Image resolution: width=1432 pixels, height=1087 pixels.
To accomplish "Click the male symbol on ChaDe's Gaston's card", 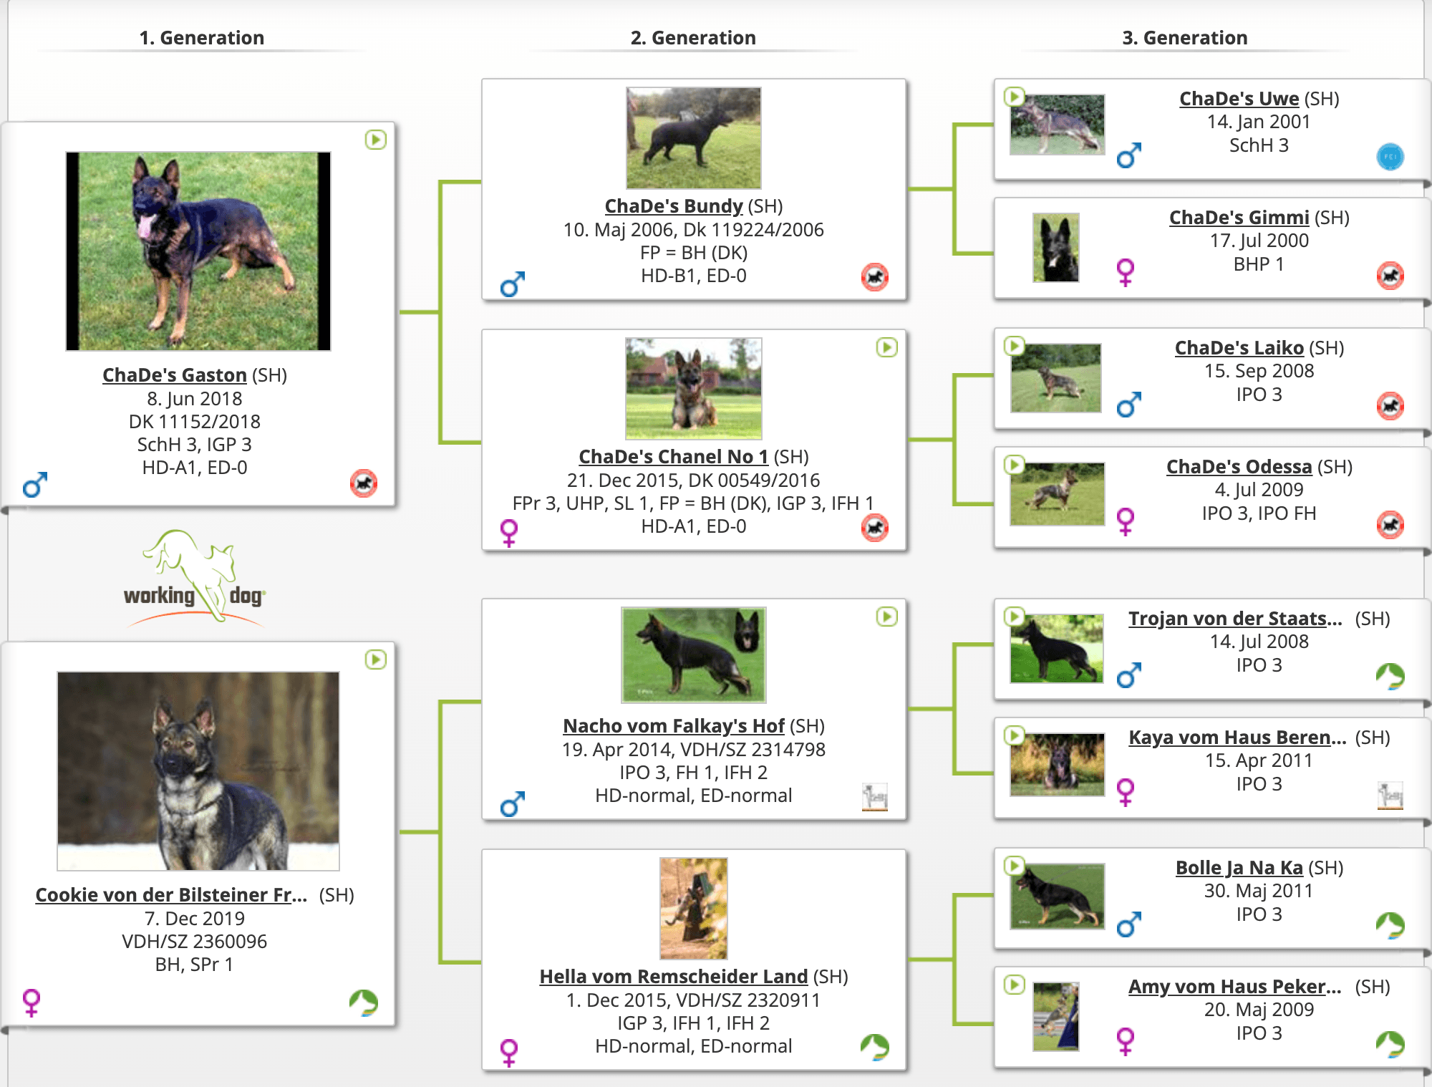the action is coord(34,485).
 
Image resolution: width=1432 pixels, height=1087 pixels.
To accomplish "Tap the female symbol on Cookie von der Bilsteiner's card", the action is coord(32,1003).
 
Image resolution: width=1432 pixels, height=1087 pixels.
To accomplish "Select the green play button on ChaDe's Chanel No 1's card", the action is coord(886,348).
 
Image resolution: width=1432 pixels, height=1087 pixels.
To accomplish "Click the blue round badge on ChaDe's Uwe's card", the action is coord(1390,157).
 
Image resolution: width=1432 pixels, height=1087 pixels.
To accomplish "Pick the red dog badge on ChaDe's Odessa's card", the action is coord(1390,525).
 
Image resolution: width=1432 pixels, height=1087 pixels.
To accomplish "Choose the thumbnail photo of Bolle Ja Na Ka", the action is coord(1057,896).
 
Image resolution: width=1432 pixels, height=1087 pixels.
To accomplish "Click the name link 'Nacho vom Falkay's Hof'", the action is coord(674,726).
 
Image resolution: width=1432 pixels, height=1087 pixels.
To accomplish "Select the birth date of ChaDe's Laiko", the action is coord(1259,371).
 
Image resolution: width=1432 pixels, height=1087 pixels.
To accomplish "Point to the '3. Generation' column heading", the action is coord(1184,37).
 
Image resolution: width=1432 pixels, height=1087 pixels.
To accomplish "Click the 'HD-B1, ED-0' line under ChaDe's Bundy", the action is coord(693,276).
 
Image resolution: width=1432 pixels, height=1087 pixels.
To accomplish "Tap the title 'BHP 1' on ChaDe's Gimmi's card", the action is coord(1259,264).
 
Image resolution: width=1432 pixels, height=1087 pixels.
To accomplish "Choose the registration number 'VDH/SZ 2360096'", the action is coord(194,942).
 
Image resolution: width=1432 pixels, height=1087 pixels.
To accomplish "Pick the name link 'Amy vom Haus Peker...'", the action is coord(1234,987).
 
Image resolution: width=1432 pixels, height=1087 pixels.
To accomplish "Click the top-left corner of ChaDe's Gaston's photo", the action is coord(66,152).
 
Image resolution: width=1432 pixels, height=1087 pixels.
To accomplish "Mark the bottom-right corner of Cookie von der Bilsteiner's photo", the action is coord(339,870).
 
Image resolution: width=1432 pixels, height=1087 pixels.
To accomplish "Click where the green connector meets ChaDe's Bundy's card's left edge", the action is coord(482,183).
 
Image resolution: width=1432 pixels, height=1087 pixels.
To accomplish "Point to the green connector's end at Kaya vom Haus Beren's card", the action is coord(994,773).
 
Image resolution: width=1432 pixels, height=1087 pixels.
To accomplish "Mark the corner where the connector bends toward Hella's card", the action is coord(441,961).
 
